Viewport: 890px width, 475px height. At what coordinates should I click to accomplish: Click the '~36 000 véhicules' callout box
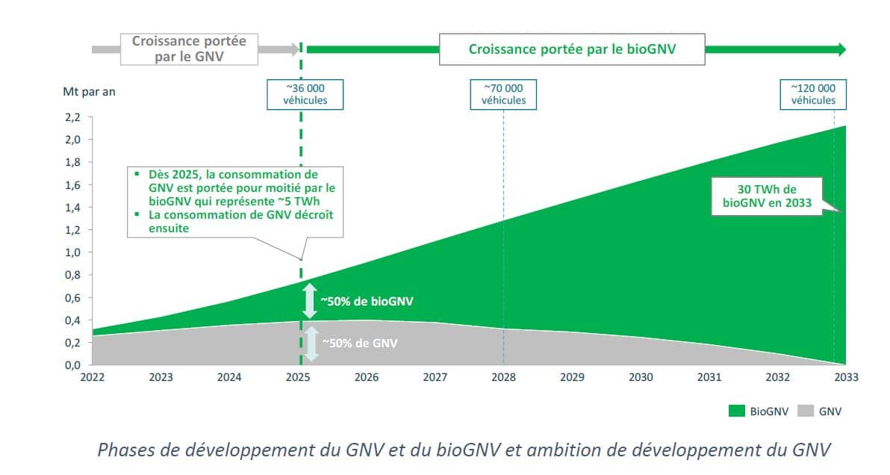pos(305,94)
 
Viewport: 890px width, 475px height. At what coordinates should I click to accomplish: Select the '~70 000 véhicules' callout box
pos(503,94)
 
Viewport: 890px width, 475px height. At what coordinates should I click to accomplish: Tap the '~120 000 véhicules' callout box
pos(812,94)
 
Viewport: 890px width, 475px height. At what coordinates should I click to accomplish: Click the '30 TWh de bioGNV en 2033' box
pos(766,196)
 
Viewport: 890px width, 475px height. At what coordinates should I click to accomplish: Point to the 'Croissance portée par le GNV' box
pos(189,49)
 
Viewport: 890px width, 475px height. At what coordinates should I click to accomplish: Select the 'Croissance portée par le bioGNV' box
pos(572,49)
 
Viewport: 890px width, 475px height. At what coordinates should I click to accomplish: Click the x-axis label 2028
pos(503,378)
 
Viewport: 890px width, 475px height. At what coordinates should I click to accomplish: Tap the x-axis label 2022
pos(93,378)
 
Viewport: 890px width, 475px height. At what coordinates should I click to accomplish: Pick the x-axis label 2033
pos(846,378)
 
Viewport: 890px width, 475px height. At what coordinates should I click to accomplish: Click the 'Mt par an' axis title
pos(89,93)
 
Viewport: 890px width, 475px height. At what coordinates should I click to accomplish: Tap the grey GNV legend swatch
pos(806,411)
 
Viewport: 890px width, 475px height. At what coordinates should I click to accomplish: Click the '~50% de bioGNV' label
pos(367,302)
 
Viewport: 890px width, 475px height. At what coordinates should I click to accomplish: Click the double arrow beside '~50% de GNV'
pos(310,343)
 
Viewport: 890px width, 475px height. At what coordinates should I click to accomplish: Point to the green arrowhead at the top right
pos(841,49)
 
